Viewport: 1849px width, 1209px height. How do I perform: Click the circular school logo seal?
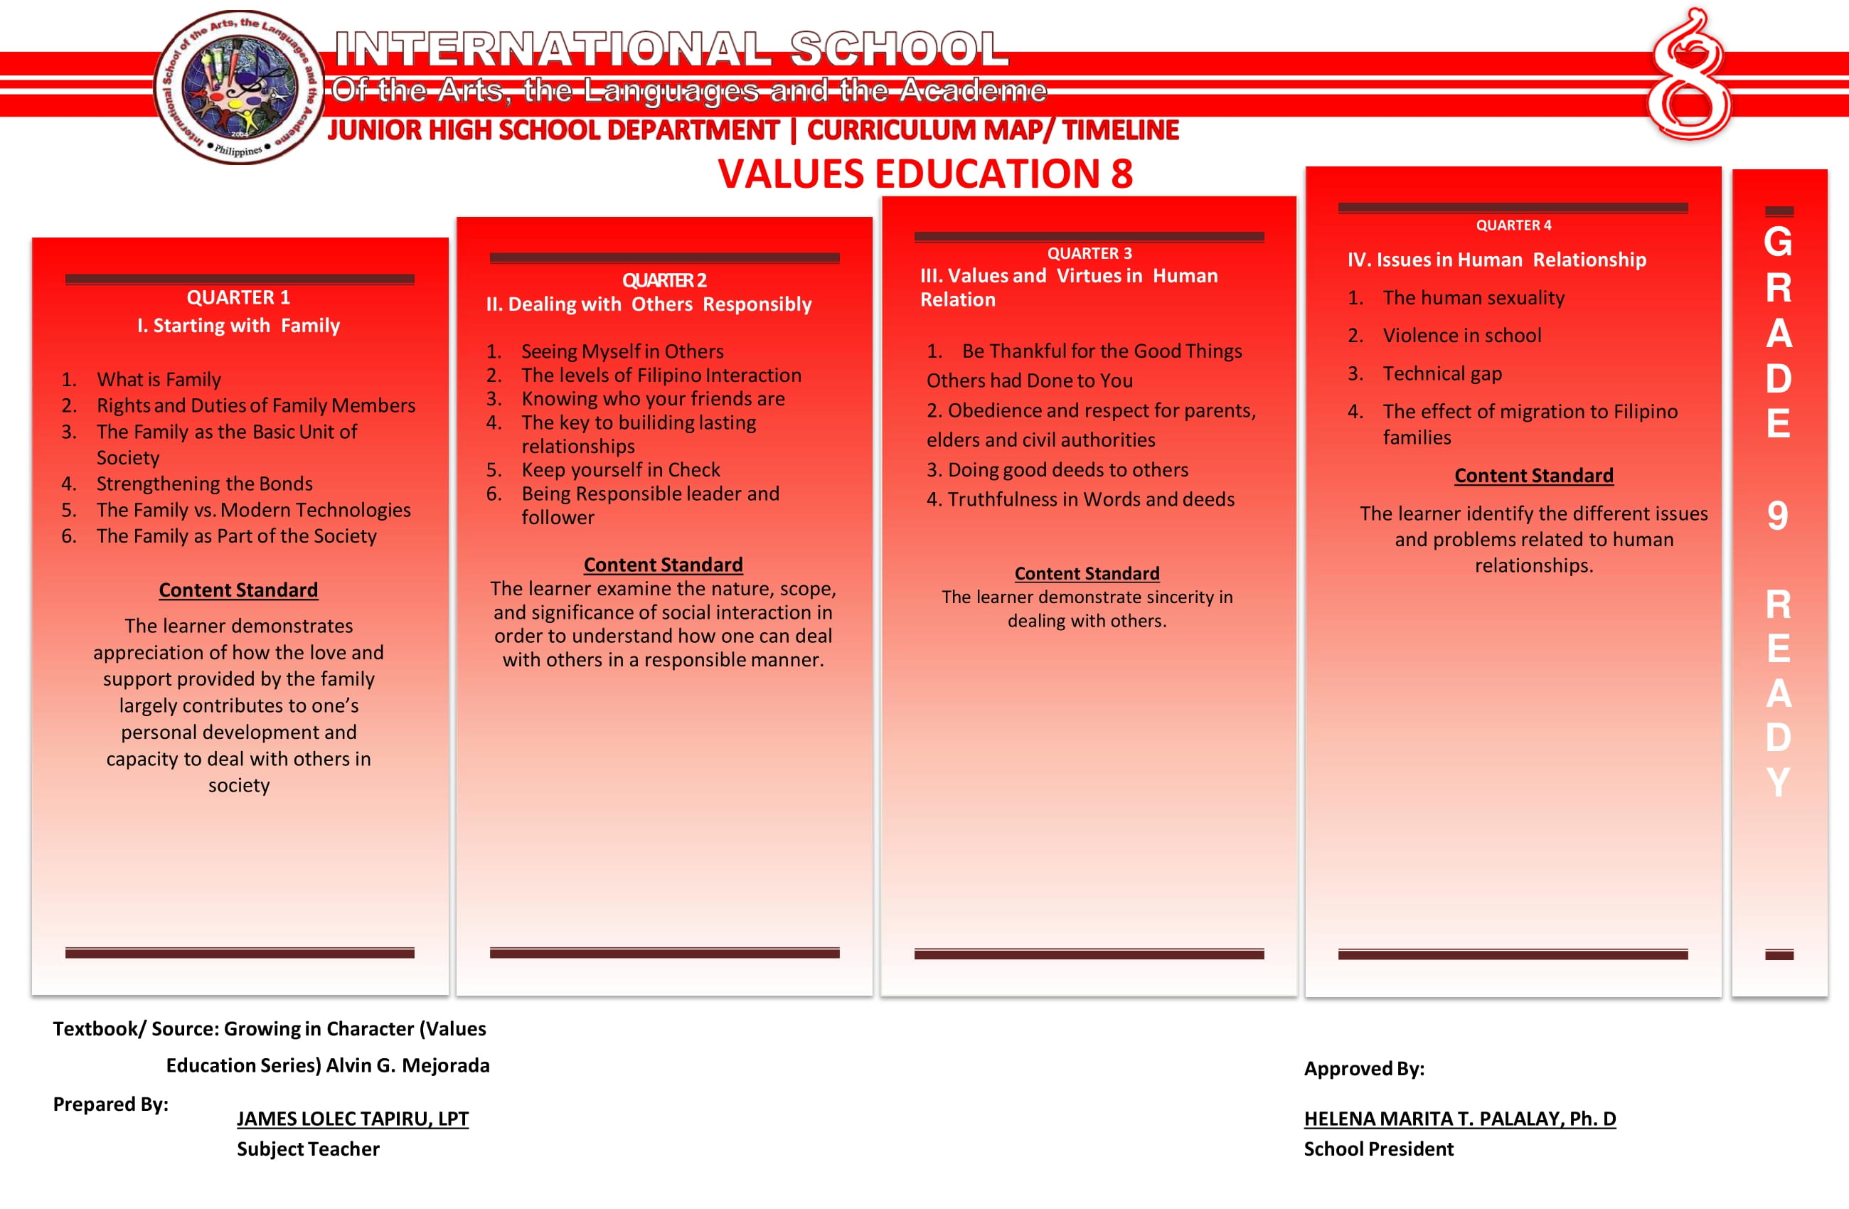pyautogui.click(x=238, y=86)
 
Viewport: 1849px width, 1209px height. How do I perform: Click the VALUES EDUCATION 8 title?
pyautogui.click(x=924, y=174)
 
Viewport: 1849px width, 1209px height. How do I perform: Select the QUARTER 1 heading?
pyautogui.click(x=238, y=297)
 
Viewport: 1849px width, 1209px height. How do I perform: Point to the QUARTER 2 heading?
pyautogui.click(x=664, y=280)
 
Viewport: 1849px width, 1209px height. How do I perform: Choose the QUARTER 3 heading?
pyautogui.click(x=1089, y=253)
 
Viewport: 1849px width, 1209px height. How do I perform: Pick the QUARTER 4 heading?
pyautogui.click(x=1513, y=225)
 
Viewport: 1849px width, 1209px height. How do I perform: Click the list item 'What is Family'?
pyautogui.click(x=159, y=379)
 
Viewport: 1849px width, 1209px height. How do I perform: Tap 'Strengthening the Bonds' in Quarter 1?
pyautogui.click(x=204, y=484)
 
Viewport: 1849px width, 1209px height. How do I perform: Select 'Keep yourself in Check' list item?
pyautogui.click(x=620, y=469)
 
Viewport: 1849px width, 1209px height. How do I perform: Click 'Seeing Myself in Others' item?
pyautogui.click(x=622, y=351)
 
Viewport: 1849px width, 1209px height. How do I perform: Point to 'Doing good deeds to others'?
pyautogui.click(x=1067, y=469)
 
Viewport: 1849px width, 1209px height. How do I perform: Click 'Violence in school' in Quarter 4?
pyautogui.click(x=1461, y=335)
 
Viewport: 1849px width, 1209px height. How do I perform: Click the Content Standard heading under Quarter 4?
pyautogui.click(x=1533, y=476)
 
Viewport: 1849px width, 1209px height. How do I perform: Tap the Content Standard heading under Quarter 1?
pyautogui.click(x=238, y=590)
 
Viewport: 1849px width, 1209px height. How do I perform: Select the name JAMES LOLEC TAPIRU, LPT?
pyautogui.click(x=352, y=1118)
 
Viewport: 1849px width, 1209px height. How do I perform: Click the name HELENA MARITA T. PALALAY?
pyautogui.click(x=1459, y=1118)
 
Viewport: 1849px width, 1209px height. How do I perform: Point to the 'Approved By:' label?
pyautogui.click(x=1363, y=1068)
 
